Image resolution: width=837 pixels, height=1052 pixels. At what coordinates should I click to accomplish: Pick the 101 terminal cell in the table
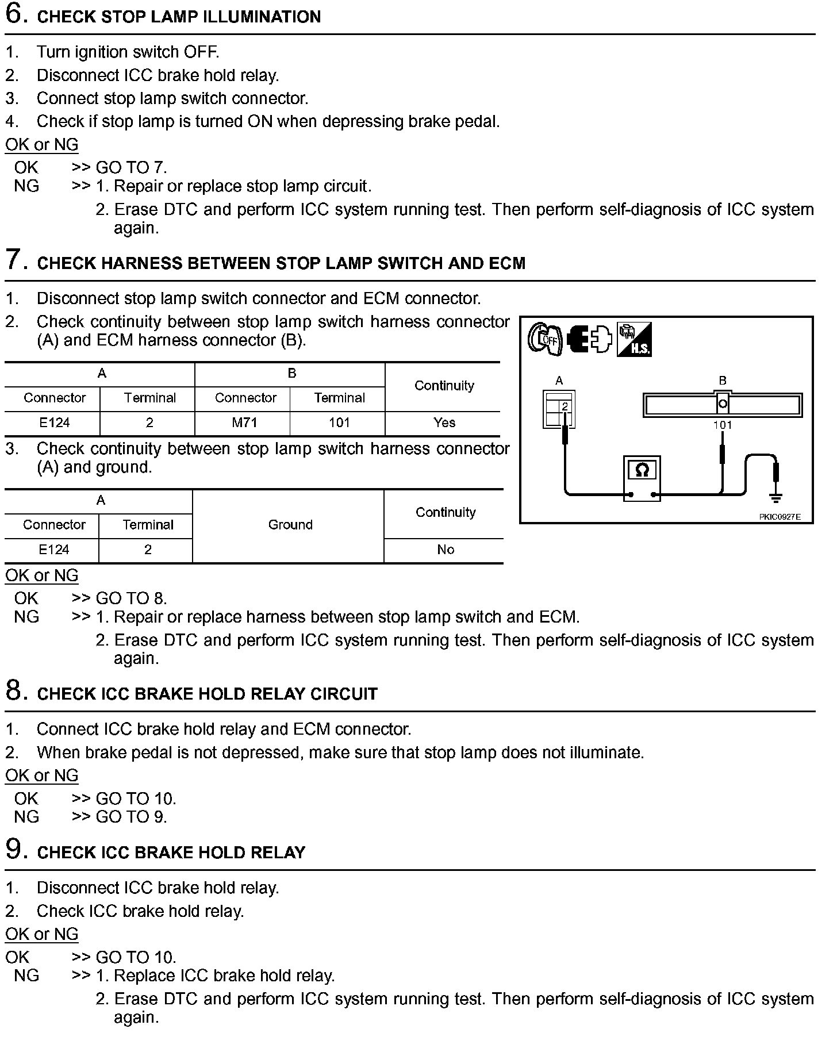point(339,423)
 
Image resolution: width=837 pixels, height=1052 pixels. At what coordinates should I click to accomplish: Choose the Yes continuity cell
point(444,423)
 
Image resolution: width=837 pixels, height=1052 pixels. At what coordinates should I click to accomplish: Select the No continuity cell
point(446,550)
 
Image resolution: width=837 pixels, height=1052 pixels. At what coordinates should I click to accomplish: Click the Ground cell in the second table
point(290,525)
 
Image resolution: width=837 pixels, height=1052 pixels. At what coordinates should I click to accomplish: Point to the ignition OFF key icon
point(544,339)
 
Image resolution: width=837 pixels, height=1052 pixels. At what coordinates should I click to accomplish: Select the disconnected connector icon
point(589,339)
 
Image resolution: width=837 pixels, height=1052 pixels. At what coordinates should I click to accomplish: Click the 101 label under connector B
point(723,425)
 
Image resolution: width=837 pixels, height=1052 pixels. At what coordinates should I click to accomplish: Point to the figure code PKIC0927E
point(780,517)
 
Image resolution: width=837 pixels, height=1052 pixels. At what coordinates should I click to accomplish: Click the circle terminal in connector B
point(723,404)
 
